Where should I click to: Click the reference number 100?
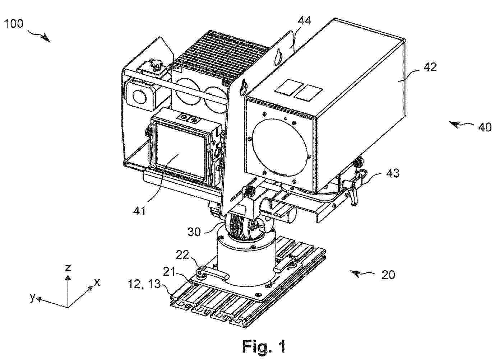(x=14, y=24)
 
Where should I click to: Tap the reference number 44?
(x=304, y=21)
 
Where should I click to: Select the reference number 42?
(x=430, y=67)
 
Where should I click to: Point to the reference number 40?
(x=485, y=127)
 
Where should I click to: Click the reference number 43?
(x=393, y=173)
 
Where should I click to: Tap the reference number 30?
(x=194, y=232)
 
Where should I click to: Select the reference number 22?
(x=182, y=255)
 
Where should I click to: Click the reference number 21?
(x=169, y=272)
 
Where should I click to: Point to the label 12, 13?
(x=144, y=284)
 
